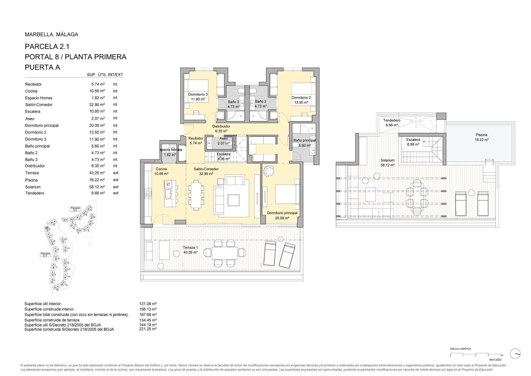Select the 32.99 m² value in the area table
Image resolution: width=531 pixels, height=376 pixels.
pyautogui.click(x=95, y=105)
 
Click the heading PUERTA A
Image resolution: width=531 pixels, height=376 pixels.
pyautogui.click(x=42, y=67)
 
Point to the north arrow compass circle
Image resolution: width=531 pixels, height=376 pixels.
pyautogui.click(x=515, y=353)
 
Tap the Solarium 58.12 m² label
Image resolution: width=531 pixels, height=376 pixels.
pyautogui.click(x=387, y=162)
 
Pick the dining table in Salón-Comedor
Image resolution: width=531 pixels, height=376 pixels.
pyautogui.click(x=196, y=195)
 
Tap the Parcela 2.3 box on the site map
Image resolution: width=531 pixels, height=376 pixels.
pyautogui.click(x=75, y=209)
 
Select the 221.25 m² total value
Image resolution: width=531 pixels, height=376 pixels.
pyautogui.click(x=148, y=329)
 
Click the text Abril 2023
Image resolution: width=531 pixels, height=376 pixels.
pyautogui.click(x=495, y=360)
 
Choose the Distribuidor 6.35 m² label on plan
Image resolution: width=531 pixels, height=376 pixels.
pyautogui.click(x=221, y=129)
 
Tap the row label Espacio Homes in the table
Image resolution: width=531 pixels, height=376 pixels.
pyautogui.click(x=39, y=98)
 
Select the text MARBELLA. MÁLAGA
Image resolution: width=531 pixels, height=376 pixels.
pyautogui.click(x=51, y=35)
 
